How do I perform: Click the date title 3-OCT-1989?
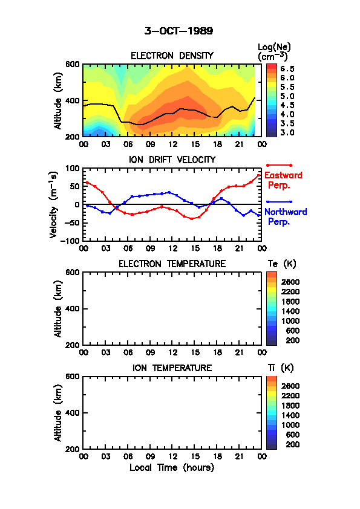tap(178, 31)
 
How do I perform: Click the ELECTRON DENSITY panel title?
tap(172, 56)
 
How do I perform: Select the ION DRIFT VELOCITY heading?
tap(172, 160)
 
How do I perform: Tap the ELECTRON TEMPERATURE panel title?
tap(172, 264)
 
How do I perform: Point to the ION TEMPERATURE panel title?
tap(172, 368)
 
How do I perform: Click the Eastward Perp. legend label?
tap(283, 180)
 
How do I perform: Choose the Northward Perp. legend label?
tap(286, 216)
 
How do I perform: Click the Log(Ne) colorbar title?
tap(274, 51)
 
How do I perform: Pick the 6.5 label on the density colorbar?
tap(287, 69)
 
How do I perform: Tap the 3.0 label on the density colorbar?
tap(287, 132)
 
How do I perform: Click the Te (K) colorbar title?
tap(282, 264)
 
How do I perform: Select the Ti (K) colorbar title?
tap(281, 368)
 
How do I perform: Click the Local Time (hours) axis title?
tap(172, 468)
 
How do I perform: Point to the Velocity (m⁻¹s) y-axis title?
tap(53, 205)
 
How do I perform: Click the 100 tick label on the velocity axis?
tap(73, 168)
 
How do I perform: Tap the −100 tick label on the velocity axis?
tap(71, 241)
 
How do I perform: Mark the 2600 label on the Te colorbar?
tap(290, 282)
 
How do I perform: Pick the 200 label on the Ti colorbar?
tap(292, 444)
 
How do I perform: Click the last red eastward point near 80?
tap(258, 176)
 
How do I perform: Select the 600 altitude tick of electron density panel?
tap(73, 64)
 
